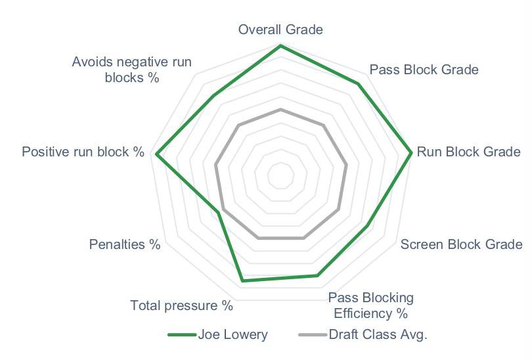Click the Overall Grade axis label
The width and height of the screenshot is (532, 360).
280,30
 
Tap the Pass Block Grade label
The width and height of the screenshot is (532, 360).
424,70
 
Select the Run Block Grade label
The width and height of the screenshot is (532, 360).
468,152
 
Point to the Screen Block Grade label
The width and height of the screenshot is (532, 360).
462,244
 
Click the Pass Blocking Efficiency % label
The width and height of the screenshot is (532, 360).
371,305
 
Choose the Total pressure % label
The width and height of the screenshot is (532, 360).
181,305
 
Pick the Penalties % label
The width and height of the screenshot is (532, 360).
125,244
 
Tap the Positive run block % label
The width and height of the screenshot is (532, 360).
83,152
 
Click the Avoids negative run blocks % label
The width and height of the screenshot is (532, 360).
132,70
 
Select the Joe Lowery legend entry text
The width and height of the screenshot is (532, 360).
233,334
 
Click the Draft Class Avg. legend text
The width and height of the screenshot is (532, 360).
378,334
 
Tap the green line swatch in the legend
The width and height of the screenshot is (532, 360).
182,335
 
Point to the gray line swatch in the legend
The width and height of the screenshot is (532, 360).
313,335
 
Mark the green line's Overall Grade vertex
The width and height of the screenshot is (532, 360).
280,45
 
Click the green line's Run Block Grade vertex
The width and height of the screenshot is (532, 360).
411,152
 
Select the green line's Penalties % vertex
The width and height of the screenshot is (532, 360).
219,213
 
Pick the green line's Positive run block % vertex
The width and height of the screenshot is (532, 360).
156,154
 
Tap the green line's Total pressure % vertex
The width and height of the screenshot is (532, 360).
242,281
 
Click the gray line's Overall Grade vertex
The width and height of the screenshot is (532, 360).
280,110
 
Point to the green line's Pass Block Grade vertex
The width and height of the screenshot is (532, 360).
358,84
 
